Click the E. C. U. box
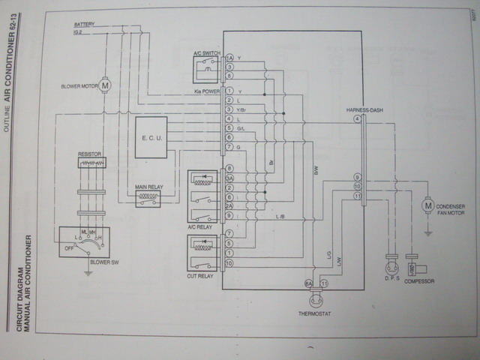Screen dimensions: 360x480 (151, 136)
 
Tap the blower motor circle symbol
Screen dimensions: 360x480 (105, 85)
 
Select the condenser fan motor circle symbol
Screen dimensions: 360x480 (428, 204)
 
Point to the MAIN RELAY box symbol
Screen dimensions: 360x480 (147, 199)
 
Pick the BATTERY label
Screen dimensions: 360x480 (84, 23)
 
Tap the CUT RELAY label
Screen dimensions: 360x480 (200, 276)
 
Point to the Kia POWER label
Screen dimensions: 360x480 (204, 91)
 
